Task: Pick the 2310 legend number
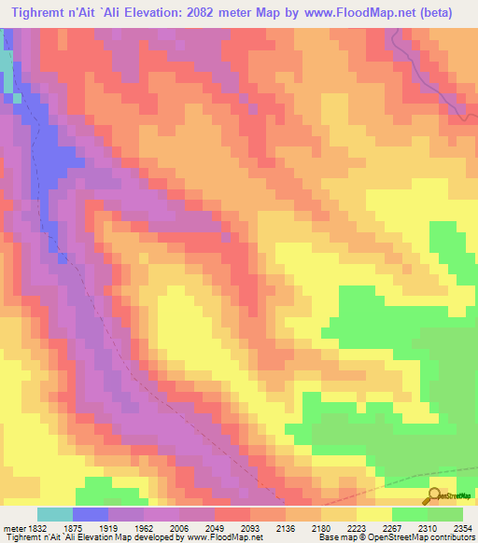click(424, 528)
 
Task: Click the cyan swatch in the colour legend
click(55, 514)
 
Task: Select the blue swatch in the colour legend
click(91, 514)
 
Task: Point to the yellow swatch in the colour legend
click(374, 514)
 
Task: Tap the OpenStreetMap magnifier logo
click(433, 495)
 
